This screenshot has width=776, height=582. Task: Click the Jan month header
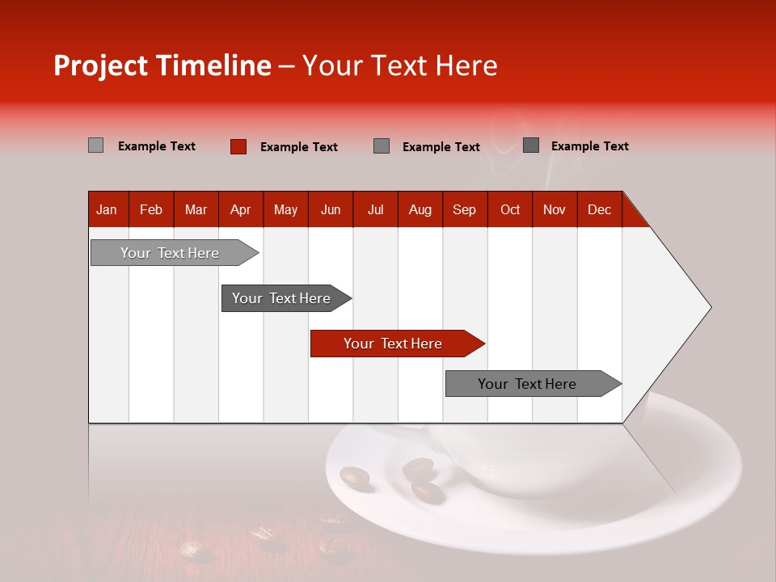[x=107, y=209]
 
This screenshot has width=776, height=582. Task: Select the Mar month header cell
[x=196, y=209]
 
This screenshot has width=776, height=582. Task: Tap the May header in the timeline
[x=285, y=209]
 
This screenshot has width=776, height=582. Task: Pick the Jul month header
[x=375, y=209]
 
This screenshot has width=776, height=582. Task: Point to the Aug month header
[x=420, y=209]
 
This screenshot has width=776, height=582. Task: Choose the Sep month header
[x=464, y=209]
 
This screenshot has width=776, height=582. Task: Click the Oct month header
[x=510, y=209]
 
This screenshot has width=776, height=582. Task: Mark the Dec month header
[x=599, y=209]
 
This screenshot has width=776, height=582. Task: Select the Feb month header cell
[x=151, y=209]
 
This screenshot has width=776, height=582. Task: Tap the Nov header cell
[x=554, y=209]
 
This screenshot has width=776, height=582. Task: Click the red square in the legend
[x=238, y=146]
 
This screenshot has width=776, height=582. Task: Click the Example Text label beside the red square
[x=298, y=147]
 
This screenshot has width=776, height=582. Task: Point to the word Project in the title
[x=100, y=65]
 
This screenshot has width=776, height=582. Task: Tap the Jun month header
[x=331, y=209]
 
